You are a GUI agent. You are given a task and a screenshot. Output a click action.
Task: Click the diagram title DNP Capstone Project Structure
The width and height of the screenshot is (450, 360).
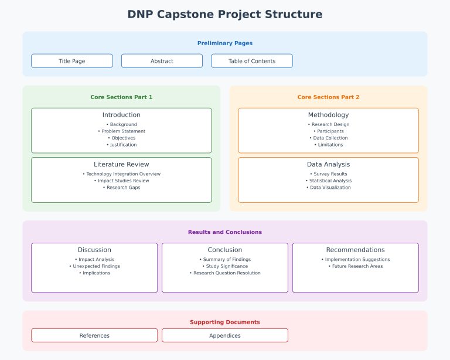pos(225,14)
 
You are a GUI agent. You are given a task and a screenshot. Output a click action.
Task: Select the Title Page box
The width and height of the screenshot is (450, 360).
pos(72,61)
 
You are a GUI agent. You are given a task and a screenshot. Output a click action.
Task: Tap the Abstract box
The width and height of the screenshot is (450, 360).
pos(162,61)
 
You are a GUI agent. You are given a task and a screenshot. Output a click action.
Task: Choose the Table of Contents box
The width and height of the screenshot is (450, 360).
pos(252,61)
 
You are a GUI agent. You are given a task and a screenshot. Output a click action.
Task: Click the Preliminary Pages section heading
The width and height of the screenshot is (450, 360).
pos(225,43)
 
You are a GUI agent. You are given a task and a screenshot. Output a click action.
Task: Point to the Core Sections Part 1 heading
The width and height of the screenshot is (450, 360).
pos(121,97)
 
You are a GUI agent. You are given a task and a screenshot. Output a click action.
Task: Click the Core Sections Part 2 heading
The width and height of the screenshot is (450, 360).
pos(328,97)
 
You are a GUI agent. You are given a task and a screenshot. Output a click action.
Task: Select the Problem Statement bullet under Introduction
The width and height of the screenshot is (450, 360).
pos(121,131)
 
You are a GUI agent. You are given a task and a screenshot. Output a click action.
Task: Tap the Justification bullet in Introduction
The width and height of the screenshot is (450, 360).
pos(121,145)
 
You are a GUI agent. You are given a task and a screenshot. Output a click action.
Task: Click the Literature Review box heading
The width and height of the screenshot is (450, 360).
pos(121,164)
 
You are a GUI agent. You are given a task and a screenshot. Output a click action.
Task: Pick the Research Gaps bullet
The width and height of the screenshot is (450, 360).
pos(121,188)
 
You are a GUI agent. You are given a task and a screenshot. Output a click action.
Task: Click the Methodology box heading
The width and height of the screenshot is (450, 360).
pos(328,115)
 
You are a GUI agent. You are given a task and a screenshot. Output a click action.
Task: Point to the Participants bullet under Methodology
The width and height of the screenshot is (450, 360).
pos(328,131)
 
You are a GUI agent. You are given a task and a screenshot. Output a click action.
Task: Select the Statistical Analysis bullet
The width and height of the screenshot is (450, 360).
pos(328,181)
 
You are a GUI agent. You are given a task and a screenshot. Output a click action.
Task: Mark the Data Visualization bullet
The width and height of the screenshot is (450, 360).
pos(328,188)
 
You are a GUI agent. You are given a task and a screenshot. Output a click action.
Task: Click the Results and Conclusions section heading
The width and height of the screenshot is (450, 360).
pos(225,232)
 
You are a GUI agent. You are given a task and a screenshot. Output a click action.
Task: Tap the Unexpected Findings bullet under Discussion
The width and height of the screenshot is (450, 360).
pos(94,266)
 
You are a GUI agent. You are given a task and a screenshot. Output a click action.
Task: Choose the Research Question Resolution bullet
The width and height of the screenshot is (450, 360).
pos(225,273)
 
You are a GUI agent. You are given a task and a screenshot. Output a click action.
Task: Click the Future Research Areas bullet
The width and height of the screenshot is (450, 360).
pos(356,266)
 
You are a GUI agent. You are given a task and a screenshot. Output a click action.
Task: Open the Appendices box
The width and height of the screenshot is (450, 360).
pos(225,335)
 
